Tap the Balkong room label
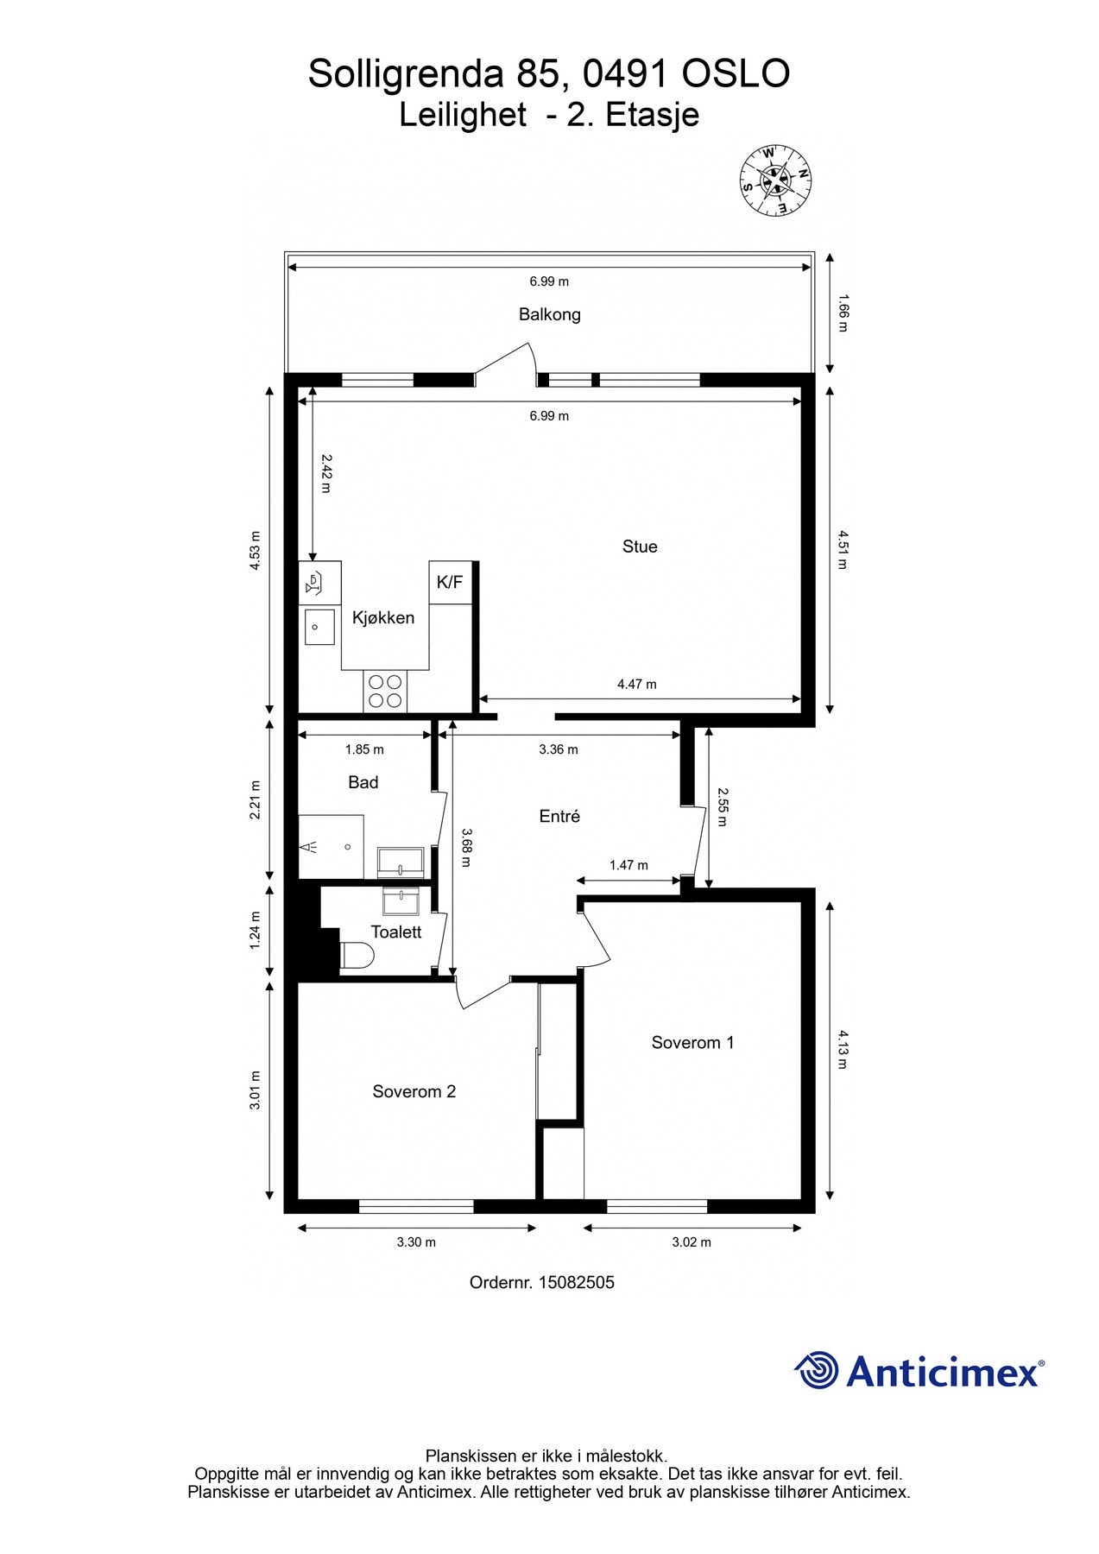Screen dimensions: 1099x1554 pos(549,314)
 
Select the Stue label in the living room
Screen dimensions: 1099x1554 pos(640,546)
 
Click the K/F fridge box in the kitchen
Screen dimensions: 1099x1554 pos(451,582)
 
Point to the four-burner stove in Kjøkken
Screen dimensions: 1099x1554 pos(385,691)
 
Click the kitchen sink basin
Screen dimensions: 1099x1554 pos(319,626)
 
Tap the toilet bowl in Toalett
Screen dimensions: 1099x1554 pos(357,956)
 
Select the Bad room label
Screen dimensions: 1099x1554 pos(363,782)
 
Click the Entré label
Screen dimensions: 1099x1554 pos(559,816)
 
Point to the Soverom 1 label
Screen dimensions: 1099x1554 pos(692,1043)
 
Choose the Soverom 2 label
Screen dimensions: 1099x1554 pos(414,1092)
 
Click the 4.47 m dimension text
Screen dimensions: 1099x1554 pos(637,685)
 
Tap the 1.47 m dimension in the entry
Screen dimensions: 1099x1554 pos(628,865)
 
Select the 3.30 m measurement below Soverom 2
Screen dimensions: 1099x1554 pos(416,1242)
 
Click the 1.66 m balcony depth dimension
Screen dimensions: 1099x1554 pos(843,313)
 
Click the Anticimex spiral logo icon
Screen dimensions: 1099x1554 pos(817,1370)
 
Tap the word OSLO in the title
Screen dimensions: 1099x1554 pos(736,74)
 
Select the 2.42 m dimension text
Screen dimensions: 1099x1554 pos(325,473)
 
